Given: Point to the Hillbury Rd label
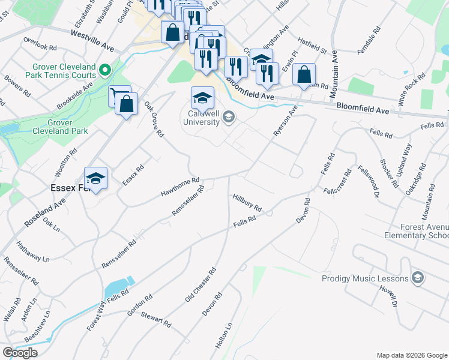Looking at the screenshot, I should point(247,202).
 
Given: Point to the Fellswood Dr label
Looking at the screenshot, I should point(369,181).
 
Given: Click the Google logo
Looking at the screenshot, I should point(20,353).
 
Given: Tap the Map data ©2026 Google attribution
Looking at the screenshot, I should point(411,355).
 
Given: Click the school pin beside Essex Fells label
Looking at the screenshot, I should point(95,178).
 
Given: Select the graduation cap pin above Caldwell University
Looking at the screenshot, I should point(203,97).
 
